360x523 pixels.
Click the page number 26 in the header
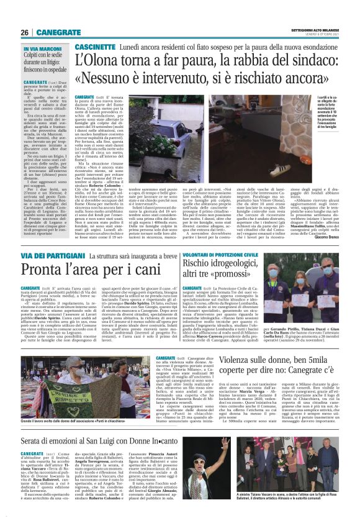pyautogui.click(x=25, y=32)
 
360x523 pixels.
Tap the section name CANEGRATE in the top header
pyautogui.click(x=60, y=32)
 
